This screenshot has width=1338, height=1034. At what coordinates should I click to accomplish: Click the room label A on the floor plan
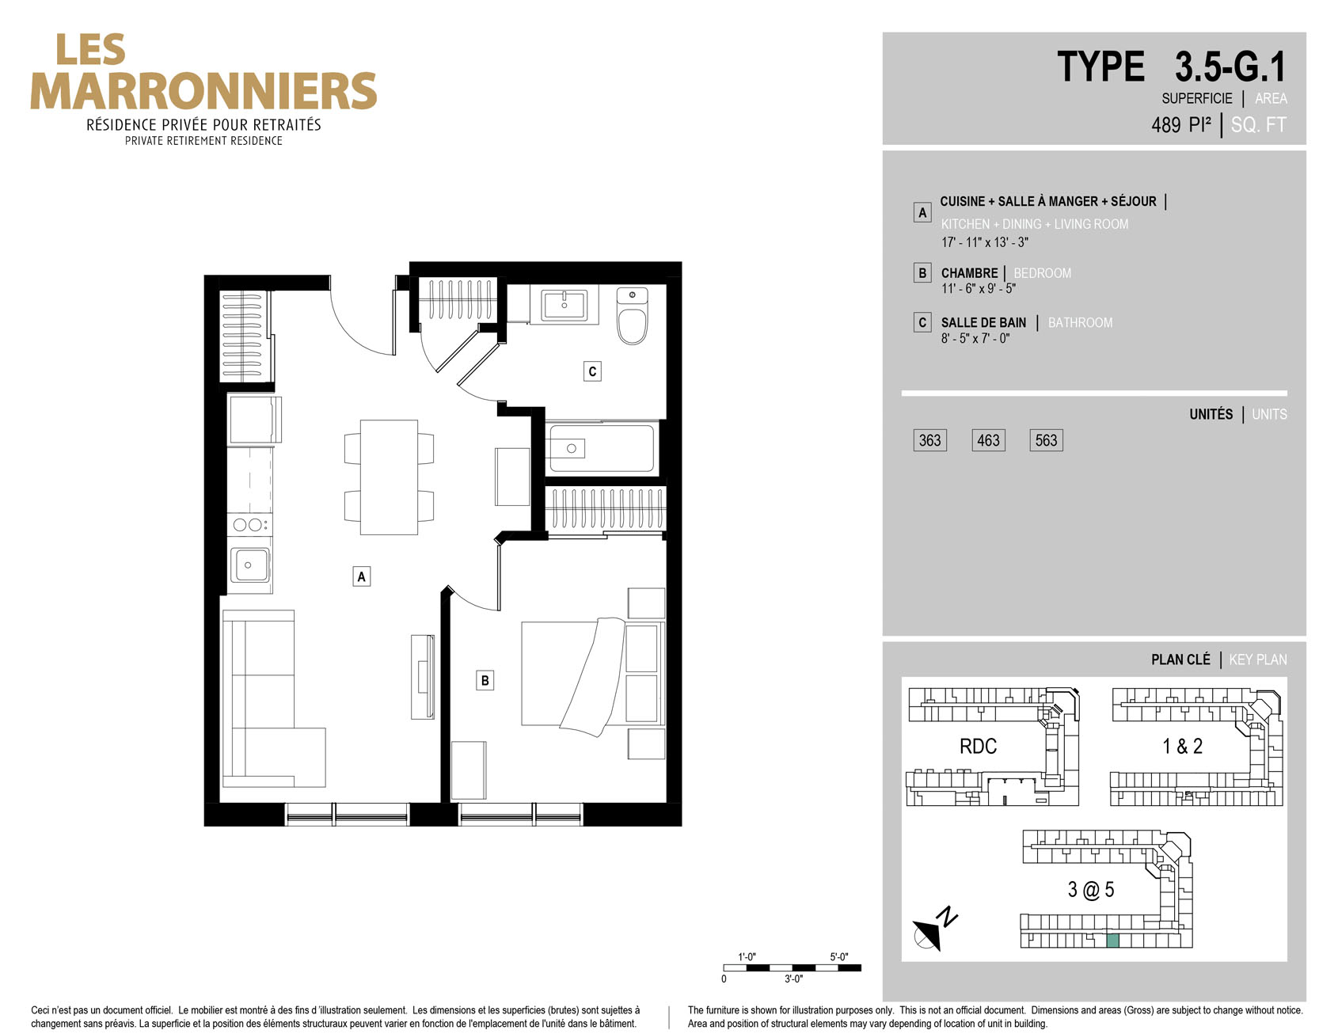click(361, 576)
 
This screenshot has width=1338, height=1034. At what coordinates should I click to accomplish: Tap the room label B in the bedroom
click(485, 680)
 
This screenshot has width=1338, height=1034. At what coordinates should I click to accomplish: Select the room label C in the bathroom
click(592, 371)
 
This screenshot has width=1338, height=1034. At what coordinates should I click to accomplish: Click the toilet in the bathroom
click(632, 316)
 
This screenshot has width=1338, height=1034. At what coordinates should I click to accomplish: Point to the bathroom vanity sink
click(564, 306)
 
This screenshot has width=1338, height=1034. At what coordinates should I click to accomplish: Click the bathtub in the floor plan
click(602, 449)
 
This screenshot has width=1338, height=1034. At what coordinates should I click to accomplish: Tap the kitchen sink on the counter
click(249, 565)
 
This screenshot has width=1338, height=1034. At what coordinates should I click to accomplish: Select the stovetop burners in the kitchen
click(248, 524)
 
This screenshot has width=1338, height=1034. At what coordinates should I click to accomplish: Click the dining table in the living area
click(389, 477)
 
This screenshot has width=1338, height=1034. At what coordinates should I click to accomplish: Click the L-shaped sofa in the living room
click(273, 698)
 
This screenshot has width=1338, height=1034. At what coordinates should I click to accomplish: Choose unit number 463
click(988, 440)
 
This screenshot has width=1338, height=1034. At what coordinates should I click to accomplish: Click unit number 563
click(1046, 440)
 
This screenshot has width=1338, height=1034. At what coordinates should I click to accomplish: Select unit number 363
click(929, 440)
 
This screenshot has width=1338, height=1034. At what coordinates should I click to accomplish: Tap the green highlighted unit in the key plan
click(1112, 941)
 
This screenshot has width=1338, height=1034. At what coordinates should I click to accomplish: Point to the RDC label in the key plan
click(978, 746)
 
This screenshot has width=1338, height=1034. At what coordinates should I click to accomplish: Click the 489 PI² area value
click(1181, 124)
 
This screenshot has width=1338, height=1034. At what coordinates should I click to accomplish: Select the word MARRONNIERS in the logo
click(203, 91)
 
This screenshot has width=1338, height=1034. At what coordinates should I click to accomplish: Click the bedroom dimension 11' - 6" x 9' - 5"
click(978, 289)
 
